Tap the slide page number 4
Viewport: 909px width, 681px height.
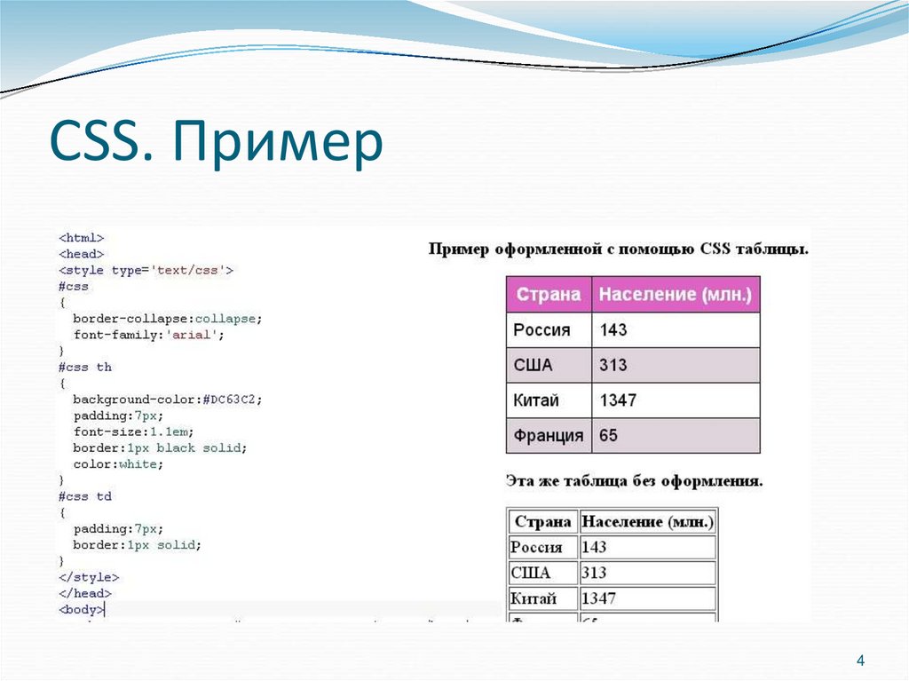tap(859, 661)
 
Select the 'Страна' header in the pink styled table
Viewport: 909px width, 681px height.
tap(549, 294)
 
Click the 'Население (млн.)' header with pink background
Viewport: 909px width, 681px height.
tap(676, 294)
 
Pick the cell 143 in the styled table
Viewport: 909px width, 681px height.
tap(613, 329)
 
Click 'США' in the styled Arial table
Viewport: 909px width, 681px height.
tap(533, 365)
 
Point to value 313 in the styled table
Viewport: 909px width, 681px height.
tap(613, 365)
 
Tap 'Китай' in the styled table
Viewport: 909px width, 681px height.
tap(536, 400)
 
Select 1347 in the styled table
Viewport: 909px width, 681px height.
tap(618, 400)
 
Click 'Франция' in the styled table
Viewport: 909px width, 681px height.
tap(549, 436)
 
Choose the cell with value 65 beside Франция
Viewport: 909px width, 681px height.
tap(608, 436)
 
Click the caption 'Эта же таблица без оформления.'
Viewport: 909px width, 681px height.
tap(634, 481)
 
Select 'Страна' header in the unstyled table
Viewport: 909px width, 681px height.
tap(542, 521)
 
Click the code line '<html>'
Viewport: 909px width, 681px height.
tap(82, 238)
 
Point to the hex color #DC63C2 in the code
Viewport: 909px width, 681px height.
tap(233, 400)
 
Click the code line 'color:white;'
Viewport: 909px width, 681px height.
tap(119, 464)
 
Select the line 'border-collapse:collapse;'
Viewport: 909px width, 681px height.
tap(168, 319)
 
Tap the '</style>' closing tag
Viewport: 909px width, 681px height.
tap(89, 577)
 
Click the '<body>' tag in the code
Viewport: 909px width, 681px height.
tap(82, 609)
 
